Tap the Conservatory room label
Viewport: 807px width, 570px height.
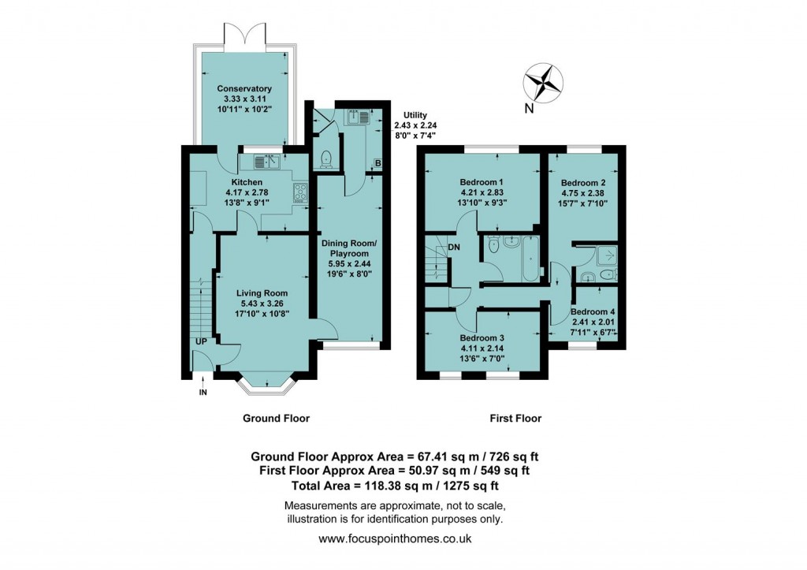(x=244, y=89)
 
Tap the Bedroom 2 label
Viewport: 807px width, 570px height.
(x=583, y=180)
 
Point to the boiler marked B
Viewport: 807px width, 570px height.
(x=377, y=164)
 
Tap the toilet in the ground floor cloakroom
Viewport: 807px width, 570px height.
(x=325, y=160)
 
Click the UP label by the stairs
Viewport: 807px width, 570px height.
(x=202, y=341)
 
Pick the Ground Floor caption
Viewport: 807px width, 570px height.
(x=275, y=419)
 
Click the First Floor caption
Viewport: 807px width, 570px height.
(x=514, y=419)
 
